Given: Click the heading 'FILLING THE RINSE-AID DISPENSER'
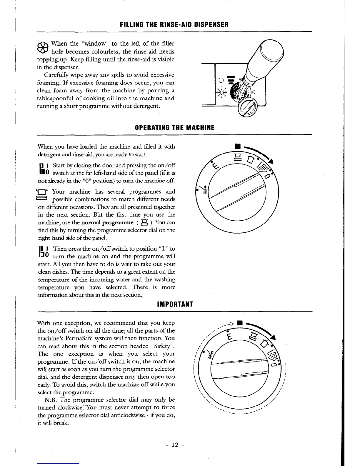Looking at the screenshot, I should [x=174, y=24].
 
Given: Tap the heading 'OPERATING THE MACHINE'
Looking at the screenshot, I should [x=174, y=128].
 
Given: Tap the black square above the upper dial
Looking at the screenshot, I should [x=236, y=146].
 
